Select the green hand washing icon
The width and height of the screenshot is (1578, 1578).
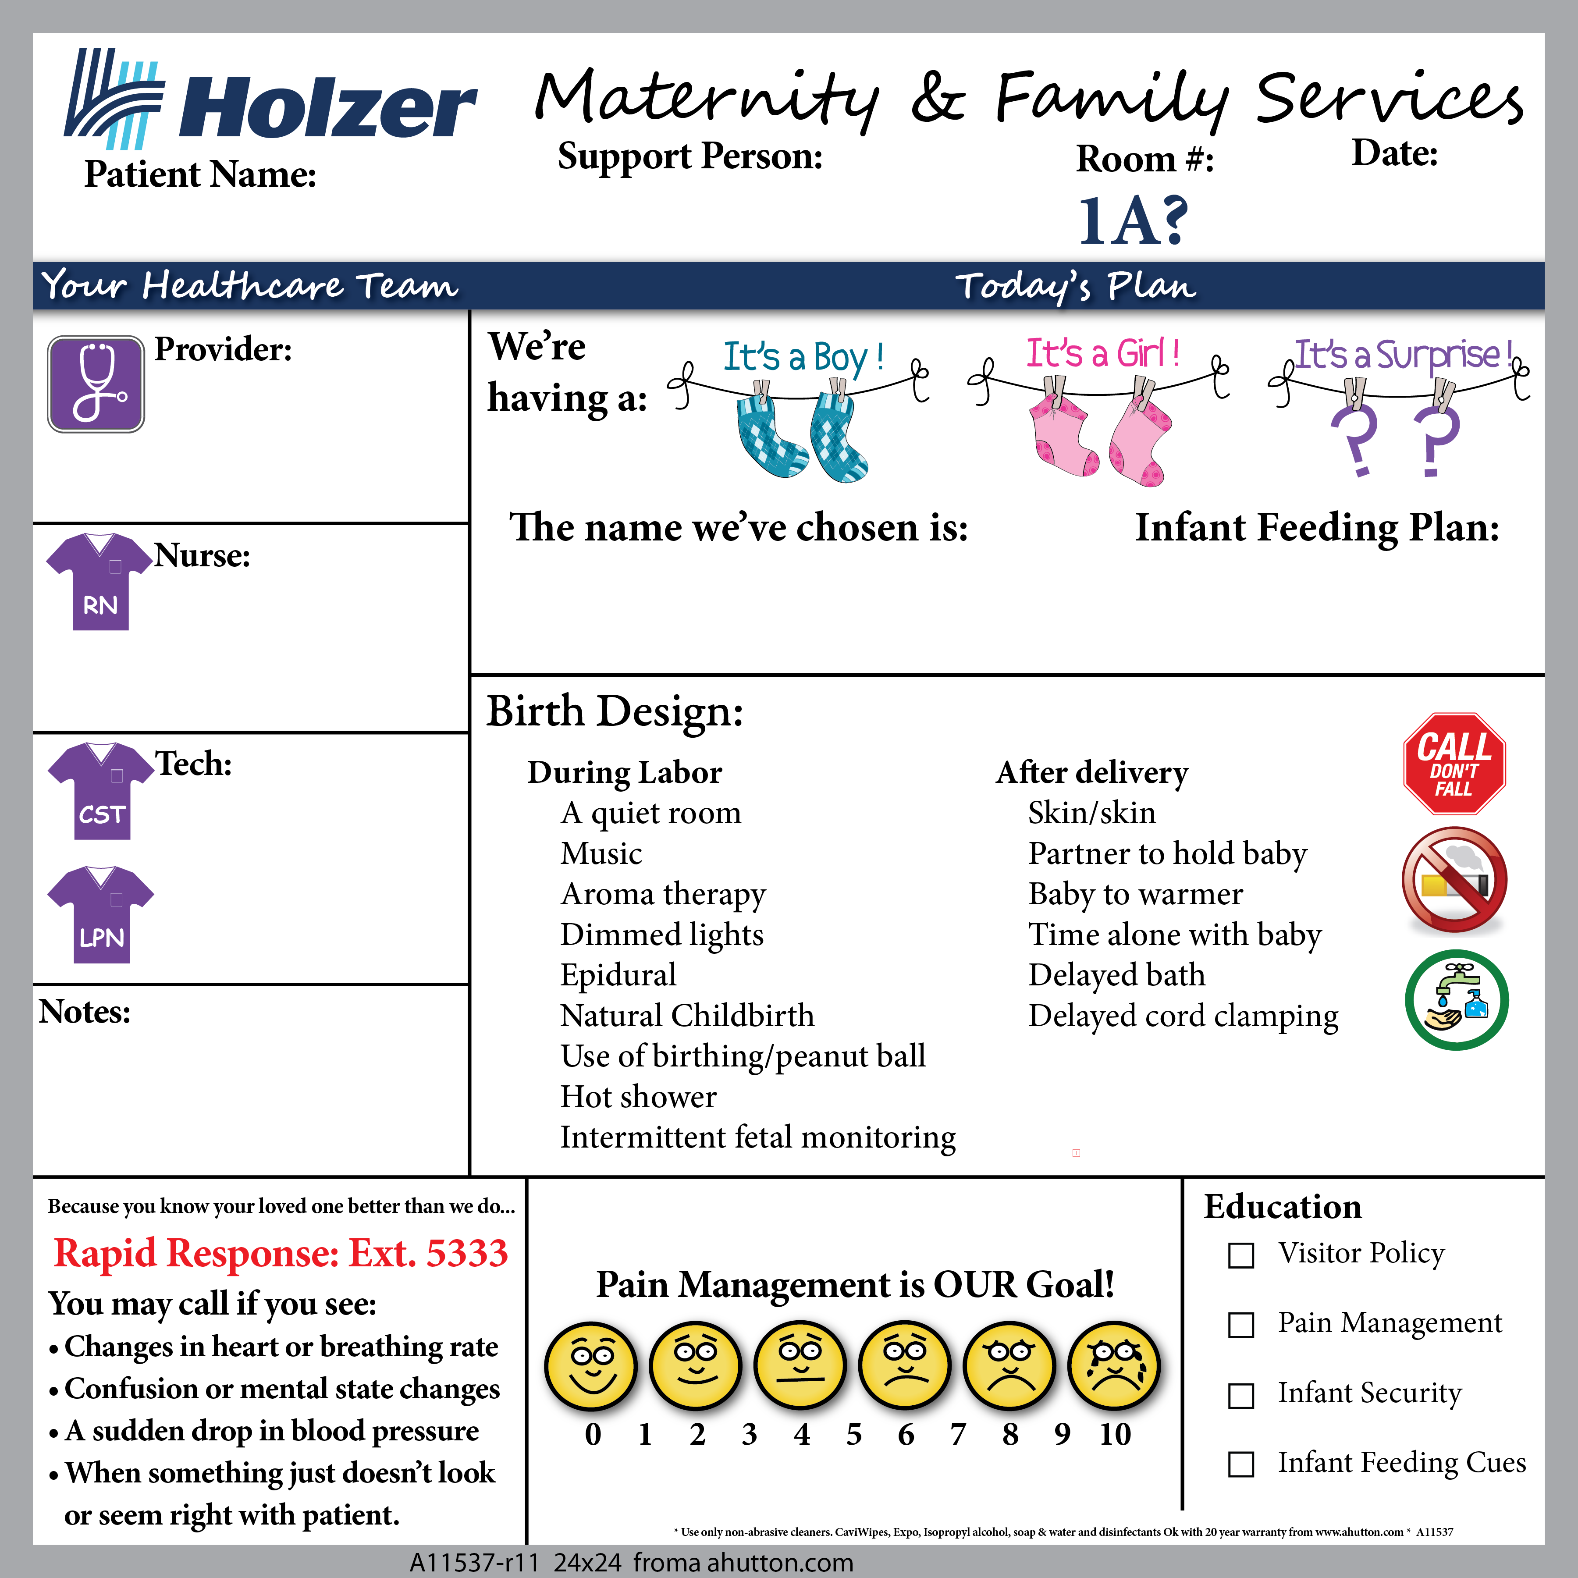[1456, 1000]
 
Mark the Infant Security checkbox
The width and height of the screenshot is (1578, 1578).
[1240, 1396]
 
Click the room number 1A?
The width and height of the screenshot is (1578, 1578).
[1133, 220]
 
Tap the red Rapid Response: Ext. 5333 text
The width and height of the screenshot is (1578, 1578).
[281, 1253]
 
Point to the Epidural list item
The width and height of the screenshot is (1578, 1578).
[618, 974]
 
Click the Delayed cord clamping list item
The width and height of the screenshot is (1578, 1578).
[1183, 1015]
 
